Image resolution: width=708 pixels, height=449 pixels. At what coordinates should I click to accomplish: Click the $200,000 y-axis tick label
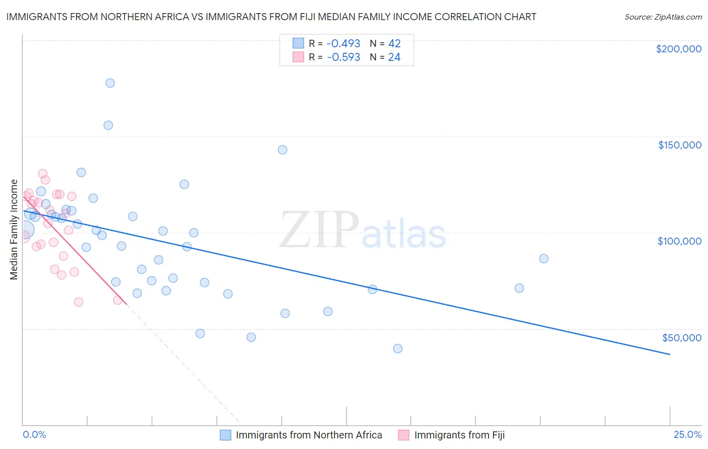(x=678, y=49)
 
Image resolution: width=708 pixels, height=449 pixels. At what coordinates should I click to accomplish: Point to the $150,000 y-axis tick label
(x=679, y=145)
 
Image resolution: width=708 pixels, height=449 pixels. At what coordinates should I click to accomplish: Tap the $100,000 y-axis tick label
(x=679, y=241)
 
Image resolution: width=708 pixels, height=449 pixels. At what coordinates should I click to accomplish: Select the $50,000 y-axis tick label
(x=681, y=338)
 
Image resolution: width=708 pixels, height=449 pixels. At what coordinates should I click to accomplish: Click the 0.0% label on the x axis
(x=34, y=434)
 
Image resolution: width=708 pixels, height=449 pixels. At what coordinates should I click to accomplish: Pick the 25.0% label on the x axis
(x=687, y=434)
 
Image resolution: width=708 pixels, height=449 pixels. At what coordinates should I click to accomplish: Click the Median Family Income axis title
(x=14, y=230)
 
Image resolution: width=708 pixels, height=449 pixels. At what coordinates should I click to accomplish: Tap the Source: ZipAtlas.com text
(x=663, y=17)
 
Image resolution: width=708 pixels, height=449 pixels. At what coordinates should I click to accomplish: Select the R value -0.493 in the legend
(x=343, y=44)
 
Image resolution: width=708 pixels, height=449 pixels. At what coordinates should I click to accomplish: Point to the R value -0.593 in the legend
(x=343, y=57)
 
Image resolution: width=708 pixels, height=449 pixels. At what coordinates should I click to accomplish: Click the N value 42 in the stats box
(x=394, y=44)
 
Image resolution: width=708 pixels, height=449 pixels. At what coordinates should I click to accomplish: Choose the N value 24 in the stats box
(x=394, y=57)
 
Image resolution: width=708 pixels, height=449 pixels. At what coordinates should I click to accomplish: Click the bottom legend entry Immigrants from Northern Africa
(x=309, y=435)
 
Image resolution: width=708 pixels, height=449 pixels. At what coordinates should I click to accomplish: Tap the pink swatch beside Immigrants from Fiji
(x=403, y=435)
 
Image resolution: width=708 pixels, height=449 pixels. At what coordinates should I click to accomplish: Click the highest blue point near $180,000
(x=110, y=83)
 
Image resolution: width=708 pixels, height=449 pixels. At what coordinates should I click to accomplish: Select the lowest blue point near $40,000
(x=398, y=348)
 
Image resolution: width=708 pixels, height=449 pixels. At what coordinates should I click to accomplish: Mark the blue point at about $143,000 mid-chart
(x=282, y=150)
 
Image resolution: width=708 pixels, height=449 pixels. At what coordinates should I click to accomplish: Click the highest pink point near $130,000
(x=43, y=174)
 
